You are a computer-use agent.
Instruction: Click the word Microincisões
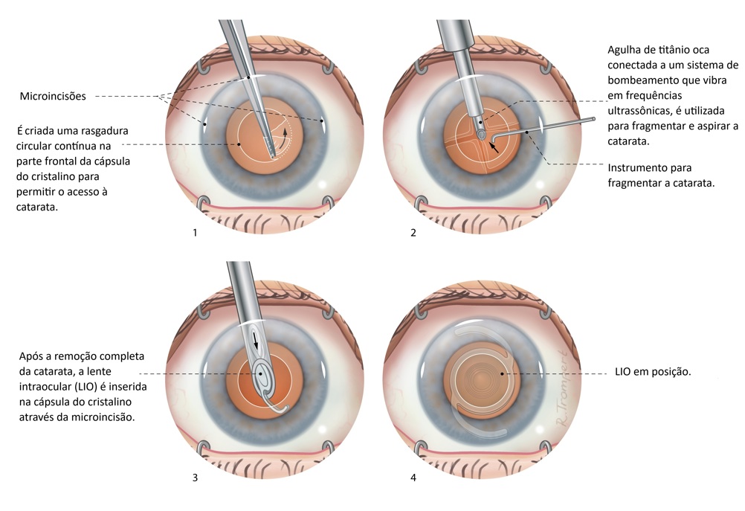54,96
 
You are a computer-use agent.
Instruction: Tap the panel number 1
195,234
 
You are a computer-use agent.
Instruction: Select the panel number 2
413,234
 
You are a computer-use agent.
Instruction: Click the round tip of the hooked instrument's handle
593,118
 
